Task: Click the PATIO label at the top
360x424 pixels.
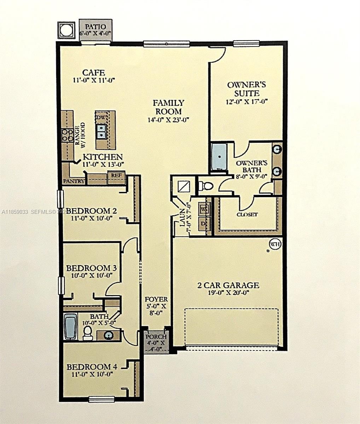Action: tap(95, 27)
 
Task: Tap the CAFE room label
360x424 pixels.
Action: tap(93, 73)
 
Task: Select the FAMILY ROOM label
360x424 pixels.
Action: tap(168, 107)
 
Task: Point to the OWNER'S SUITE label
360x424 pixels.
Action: tap(246, 89)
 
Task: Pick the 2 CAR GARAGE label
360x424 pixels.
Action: tap(228, 285)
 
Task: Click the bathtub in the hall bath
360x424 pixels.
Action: tap(70, 327)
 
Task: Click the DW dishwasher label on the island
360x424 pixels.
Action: tap(100, 117)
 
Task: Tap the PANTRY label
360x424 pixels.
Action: tap(73, 181)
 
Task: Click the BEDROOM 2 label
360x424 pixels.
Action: tap(91, 211)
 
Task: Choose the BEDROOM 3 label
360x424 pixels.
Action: tap(89, 268)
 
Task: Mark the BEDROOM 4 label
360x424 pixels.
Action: tap(91, 367)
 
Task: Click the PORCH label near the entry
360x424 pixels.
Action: tap(156, 337)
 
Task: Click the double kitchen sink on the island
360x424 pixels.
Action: tap(101, 131)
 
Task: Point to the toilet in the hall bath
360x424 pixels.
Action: tap(87, 332)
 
